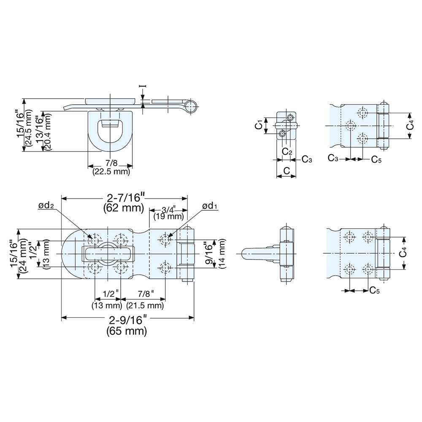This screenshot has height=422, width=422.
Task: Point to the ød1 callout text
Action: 210,206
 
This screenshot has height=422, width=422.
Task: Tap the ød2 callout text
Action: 46,206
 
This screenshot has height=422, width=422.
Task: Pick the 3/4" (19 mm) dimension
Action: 168,214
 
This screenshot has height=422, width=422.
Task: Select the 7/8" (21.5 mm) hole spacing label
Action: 146,299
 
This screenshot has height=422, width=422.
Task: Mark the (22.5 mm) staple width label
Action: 111,172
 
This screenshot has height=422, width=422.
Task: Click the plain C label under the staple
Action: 286,171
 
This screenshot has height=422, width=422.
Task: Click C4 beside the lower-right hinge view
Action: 404,253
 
